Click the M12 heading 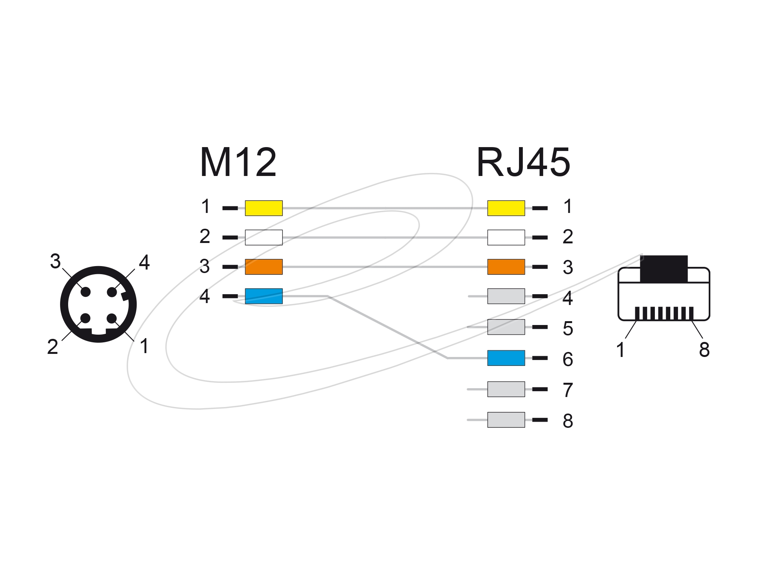[238, 163]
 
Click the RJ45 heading [524, 163]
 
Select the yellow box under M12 [264, 208]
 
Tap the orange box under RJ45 [506, 267]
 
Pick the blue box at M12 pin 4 [264, 296]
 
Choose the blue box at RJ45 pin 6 [506, 358]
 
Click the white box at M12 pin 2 [264, 238]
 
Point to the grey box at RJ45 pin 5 [506, 327]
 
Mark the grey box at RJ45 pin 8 [506, 420]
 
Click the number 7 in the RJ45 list [568, 390]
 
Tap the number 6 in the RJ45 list [568, 359]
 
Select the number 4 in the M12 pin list [205, 297]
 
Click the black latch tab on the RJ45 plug [664, 269]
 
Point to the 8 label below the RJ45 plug [704, 350]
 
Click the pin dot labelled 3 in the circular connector [85, 292]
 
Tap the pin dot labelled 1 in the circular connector [112, 318]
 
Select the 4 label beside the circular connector [144, 263]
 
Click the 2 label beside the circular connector [52, 347]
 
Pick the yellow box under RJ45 [506, 208]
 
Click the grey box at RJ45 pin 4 [506, 296]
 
